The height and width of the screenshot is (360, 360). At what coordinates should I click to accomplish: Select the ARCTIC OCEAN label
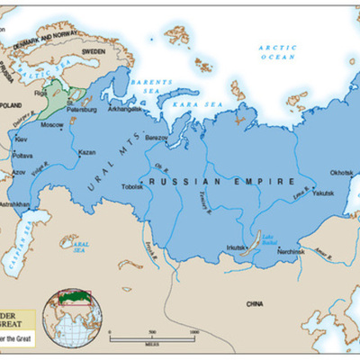[277, 51]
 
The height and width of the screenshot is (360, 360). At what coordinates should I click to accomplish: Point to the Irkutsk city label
[237, 246]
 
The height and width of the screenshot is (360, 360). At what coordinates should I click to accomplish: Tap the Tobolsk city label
[132, 186]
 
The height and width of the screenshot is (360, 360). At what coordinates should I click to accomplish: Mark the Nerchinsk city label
[292, 253]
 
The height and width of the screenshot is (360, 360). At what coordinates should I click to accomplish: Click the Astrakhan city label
[14, 204]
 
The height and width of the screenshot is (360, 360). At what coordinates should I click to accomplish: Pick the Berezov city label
[157, 137]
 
